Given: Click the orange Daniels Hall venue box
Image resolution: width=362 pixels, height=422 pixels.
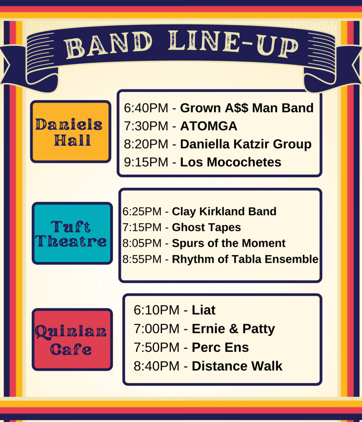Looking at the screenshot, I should [71, 131].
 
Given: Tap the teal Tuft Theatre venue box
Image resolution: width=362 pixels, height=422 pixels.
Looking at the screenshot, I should [72, 233].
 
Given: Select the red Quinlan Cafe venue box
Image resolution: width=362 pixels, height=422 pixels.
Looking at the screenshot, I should [72, 340].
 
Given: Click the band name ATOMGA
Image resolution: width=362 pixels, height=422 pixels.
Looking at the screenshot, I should [209, 126].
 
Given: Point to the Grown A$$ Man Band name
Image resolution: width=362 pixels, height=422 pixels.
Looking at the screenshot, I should [247, 108].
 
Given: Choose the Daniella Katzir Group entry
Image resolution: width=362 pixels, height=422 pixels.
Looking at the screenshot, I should [246, 144].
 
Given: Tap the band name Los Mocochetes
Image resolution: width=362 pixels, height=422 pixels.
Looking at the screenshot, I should [230, 162].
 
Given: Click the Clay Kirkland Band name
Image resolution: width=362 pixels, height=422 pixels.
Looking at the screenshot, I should [224, 211].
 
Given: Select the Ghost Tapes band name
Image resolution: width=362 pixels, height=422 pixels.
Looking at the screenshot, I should [206, 227].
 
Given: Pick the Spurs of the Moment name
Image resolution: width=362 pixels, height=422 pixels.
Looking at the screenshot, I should [228, 243].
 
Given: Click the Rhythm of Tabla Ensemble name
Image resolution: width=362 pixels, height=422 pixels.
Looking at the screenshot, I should [245, 259].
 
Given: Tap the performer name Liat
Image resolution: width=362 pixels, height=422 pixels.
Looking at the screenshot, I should [204, 310].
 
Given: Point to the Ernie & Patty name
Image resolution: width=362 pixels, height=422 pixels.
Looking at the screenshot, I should [233, 329].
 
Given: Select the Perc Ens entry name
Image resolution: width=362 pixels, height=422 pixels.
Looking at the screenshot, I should [220, 347].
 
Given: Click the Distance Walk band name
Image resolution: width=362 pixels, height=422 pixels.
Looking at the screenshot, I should [237, 366].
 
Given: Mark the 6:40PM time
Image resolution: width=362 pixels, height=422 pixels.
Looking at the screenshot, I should [146, 108].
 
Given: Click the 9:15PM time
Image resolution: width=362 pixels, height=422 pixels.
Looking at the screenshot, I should [146, 162].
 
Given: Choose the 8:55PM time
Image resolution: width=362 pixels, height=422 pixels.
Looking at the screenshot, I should [142, 259].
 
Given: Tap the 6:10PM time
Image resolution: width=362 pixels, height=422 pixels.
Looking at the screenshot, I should [157, 310].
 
